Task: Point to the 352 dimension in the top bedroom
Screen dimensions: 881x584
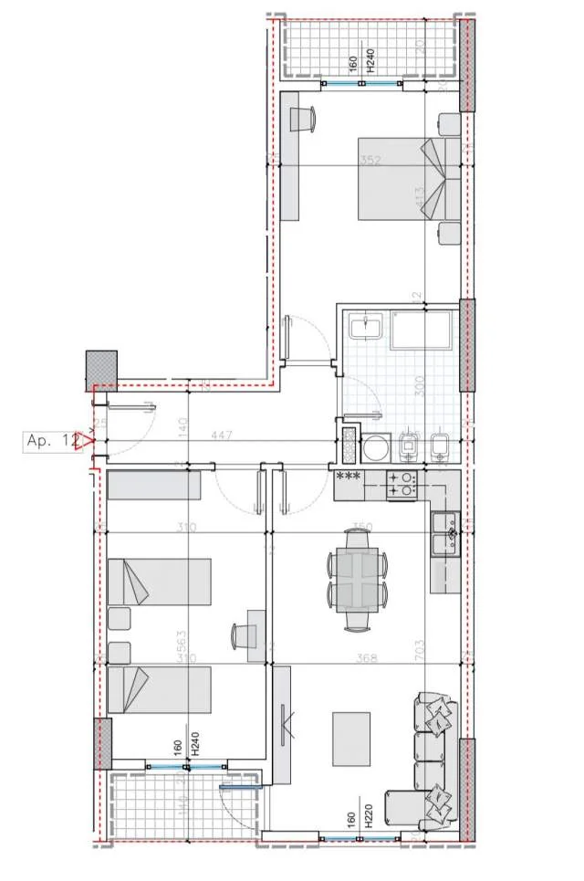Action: click(369, 162)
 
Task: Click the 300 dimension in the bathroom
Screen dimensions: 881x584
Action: click(420, 384)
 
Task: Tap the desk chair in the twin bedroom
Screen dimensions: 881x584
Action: click(245, 634)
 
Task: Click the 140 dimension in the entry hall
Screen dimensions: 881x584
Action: click(182, 425)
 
